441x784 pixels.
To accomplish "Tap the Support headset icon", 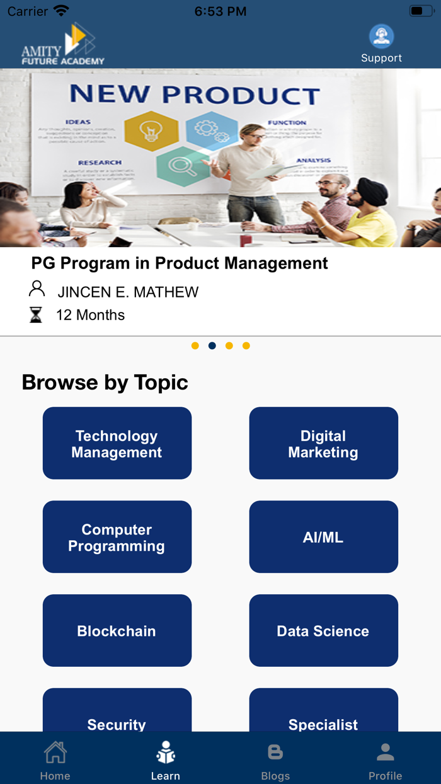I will tap(381, 37).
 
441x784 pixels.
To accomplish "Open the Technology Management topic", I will tap(117, 443).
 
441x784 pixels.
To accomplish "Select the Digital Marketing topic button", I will tap(323, 443).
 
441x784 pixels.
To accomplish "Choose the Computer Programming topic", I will tap(117, 537).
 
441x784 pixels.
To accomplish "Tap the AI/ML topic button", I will tap(323, 537).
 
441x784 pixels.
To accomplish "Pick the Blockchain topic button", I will tap(117, 630).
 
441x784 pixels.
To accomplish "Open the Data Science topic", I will tap(323, 630).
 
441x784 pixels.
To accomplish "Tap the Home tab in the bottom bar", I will tap(55, 761).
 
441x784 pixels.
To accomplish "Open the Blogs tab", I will tap(275, 761).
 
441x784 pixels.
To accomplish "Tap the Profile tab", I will tap(385, 761).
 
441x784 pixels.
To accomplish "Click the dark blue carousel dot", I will tap(212, 345).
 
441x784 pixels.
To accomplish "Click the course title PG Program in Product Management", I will tap(180, 263).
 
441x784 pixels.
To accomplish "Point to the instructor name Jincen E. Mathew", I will tap(128, 292).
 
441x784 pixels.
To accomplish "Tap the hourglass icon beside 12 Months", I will tap(36, 314).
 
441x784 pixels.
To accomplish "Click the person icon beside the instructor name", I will tap(37, 289).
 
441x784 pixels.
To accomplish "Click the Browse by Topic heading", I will tap(105, 383).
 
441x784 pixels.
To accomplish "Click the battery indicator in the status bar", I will tap(420, 11).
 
